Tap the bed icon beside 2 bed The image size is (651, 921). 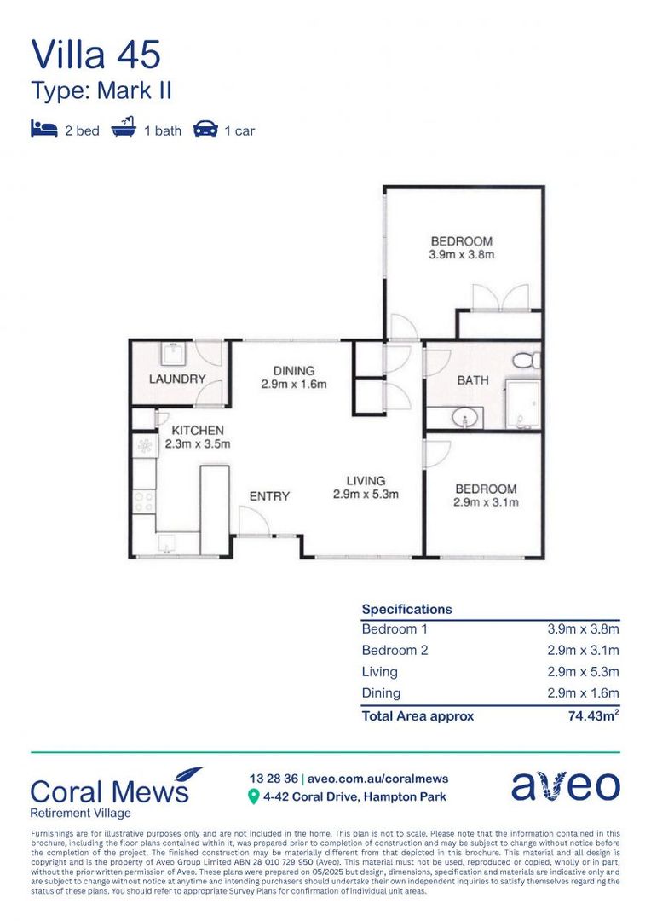click(x=43, y=130)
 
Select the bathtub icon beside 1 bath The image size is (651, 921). click(x=125, y=130)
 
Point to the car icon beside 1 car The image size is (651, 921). click(x=205, y=130)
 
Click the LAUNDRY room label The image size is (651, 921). click(x=177, y=379)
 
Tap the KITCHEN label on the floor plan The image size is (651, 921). click(x=198, y=431)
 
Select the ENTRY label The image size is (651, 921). click(x=269, y=495)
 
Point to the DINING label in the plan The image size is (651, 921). click(x=294, y=371)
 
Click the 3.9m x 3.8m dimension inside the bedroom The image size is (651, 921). click(x=461, y=254)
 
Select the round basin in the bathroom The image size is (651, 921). click(x=465, y=418)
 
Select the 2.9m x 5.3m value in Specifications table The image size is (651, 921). click(x=583, y=672)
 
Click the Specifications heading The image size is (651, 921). click(x=406, y=610)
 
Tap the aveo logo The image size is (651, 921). click(x=566, y=786)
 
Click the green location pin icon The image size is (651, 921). click(x=253, y=797)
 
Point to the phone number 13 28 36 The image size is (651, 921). click(x=272, y=779)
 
